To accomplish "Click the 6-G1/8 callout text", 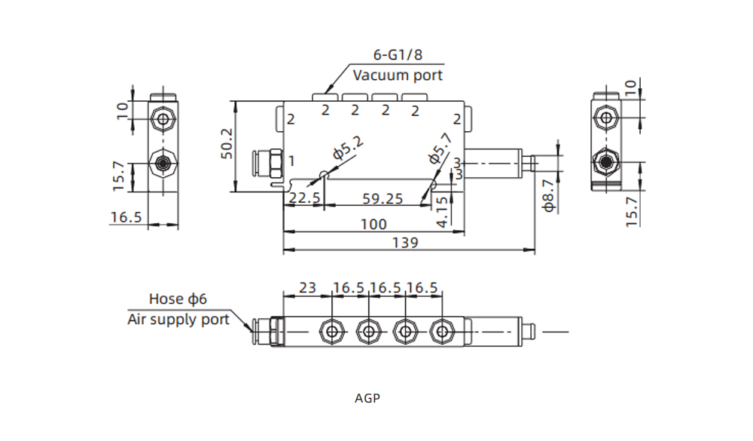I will (398, 55).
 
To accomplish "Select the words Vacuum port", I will (398, 75).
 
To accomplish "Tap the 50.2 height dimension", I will (226, 146).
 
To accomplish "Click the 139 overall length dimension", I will (405, 243).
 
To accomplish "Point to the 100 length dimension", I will (373, 224).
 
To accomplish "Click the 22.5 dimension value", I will (304, 199).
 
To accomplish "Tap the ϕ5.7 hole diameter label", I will (440, 149).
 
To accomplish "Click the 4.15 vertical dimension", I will (444, 208).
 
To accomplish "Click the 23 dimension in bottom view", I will (307, 287).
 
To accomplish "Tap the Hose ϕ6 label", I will (178, 299).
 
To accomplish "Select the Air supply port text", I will (178, 319).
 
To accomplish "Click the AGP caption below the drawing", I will (367, 397).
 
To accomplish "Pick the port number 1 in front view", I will (291, 161).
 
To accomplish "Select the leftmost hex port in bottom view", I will (330, 331).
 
